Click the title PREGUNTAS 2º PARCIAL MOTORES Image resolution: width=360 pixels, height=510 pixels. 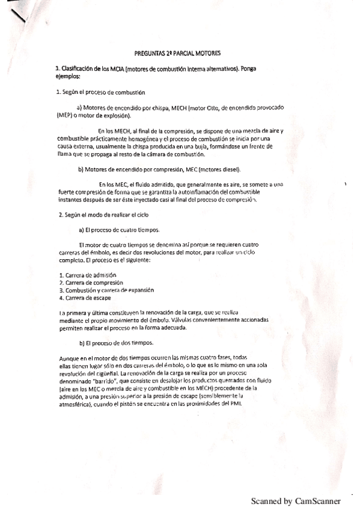click(177, 54)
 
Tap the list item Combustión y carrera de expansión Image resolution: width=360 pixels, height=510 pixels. click(105, 290)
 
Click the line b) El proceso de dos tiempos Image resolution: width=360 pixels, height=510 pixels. click(116, 343)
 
